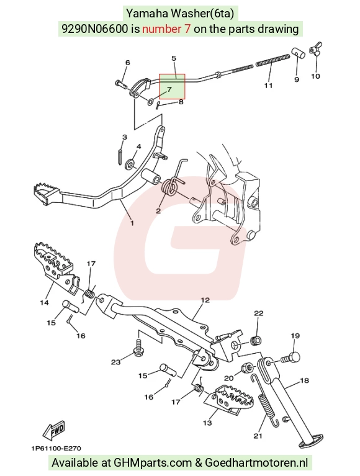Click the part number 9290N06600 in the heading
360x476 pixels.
(x=95, y=29)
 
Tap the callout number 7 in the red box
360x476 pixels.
(x=169, y=89)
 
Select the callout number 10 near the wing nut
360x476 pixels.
(x=315, y=76)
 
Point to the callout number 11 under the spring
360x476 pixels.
(x=268, y=86)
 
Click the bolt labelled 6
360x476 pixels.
(x=121, y=83)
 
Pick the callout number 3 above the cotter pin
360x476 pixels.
(x=125, y=137)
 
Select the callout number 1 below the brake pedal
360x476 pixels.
(x=132, y=223)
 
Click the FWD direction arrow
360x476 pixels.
(x=53, y=431)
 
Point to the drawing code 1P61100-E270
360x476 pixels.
(x=56, y=448)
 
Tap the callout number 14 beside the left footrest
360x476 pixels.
(x=44, y=303)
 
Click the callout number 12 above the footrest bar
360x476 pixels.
(x=205, y=300)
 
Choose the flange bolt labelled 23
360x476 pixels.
(x=139, y=347)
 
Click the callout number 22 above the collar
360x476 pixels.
(x=259, y=313)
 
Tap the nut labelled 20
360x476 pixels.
(x=247, y=368)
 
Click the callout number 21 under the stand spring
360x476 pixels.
(x=258, y=436)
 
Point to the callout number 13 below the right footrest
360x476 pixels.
(x=207, y=423)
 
